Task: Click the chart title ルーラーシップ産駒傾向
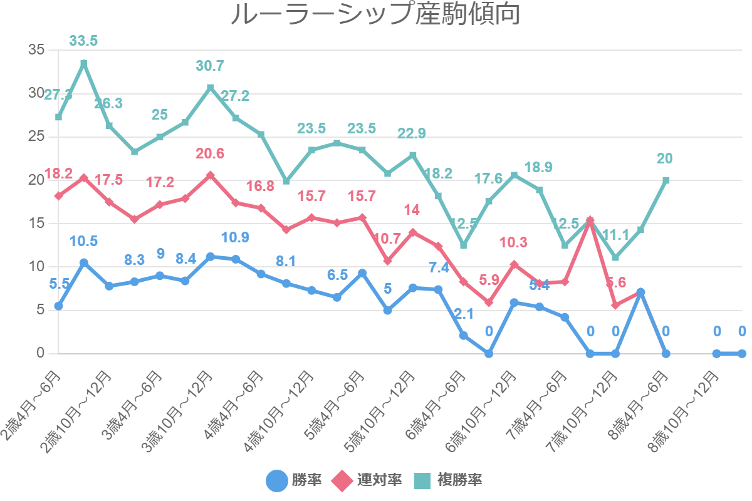pyautogui.click(x=375, y=15)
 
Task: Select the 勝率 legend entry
pyautogui.click(x=295, y=480)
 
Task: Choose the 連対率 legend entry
pyautogui.click(x=367, y=480)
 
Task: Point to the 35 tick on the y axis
pyautogui.click(x=36, y=49)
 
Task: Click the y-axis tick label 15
pyautogui.click(x=36, y=224)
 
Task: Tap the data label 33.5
pyautogui.click(x=83, y=41)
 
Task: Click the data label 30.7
pyautogui.click(x=210, y=66)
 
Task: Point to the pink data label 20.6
pyautogui.click(x=210, y=153)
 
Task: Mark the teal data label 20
pyautogui.click(x=666, y=158)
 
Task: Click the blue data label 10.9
pyautogui.click(x=236, y=238)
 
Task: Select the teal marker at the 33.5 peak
pyautogui.click(x=83, y=63)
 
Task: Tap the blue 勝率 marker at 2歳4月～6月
pyautogui.click(x=58, y=306)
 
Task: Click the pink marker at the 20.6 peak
pyautogui.click(x=210, y=175)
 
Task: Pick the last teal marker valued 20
pyautogui.click(x=666, y=180)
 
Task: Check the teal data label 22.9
pyautogui.click(x=412, y=133)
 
